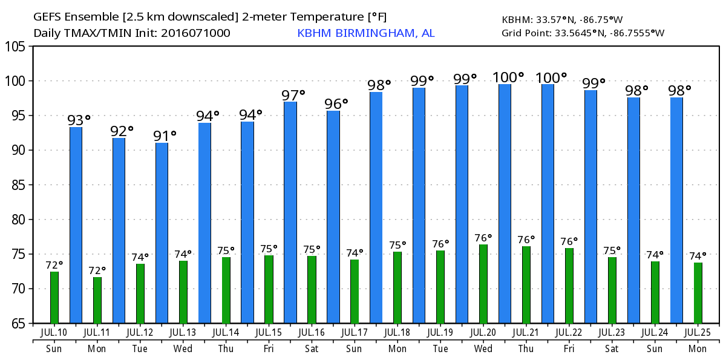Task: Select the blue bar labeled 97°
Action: tap(290, 212)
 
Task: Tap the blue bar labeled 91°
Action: tap(162, 233)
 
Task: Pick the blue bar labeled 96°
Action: tap(333, 217)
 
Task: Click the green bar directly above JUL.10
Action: tap(54, 297)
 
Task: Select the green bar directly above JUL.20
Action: tap(483, 284)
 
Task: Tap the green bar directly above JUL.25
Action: tap(698, 293)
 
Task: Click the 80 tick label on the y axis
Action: tap(19, 220)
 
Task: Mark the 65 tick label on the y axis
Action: tap(19, 324)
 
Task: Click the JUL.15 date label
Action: tap(269, 332)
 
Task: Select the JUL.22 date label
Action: tap(569, 332)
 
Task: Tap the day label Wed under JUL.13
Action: tap(183, 349)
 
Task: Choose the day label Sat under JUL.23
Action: tap(612, 349)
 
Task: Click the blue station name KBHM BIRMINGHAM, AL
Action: tap(365, 33)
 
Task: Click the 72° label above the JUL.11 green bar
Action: tap(97, 270)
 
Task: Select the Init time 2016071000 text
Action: tap(195, 33)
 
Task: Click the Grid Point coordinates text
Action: tap(583, 33)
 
